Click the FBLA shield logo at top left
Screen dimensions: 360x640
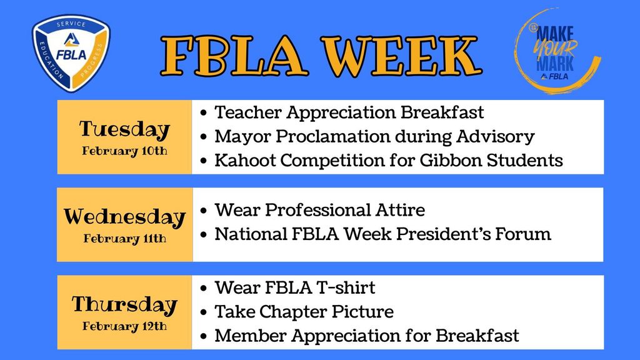click(70, 52)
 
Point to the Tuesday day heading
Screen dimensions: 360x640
click(124, 129)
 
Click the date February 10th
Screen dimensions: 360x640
click(124, 151)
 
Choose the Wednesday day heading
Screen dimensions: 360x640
click(124, 217)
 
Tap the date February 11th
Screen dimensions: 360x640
click(124, 238)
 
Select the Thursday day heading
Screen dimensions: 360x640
click(124, 304)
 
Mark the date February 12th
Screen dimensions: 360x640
click(124, 326)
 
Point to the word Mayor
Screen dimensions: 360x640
click(241, 136)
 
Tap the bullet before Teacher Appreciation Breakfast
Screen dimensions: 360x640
click(204, 113)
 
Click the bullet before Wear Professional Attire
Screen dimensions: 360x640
click(204, 211)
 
